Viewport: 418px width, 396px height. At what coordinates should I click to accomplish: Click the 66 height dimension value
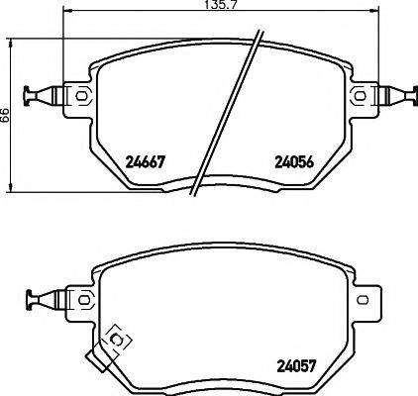[6, 115]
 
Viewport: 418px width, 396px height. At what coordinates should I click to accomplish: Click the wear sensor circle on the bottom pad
[118, 340]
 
